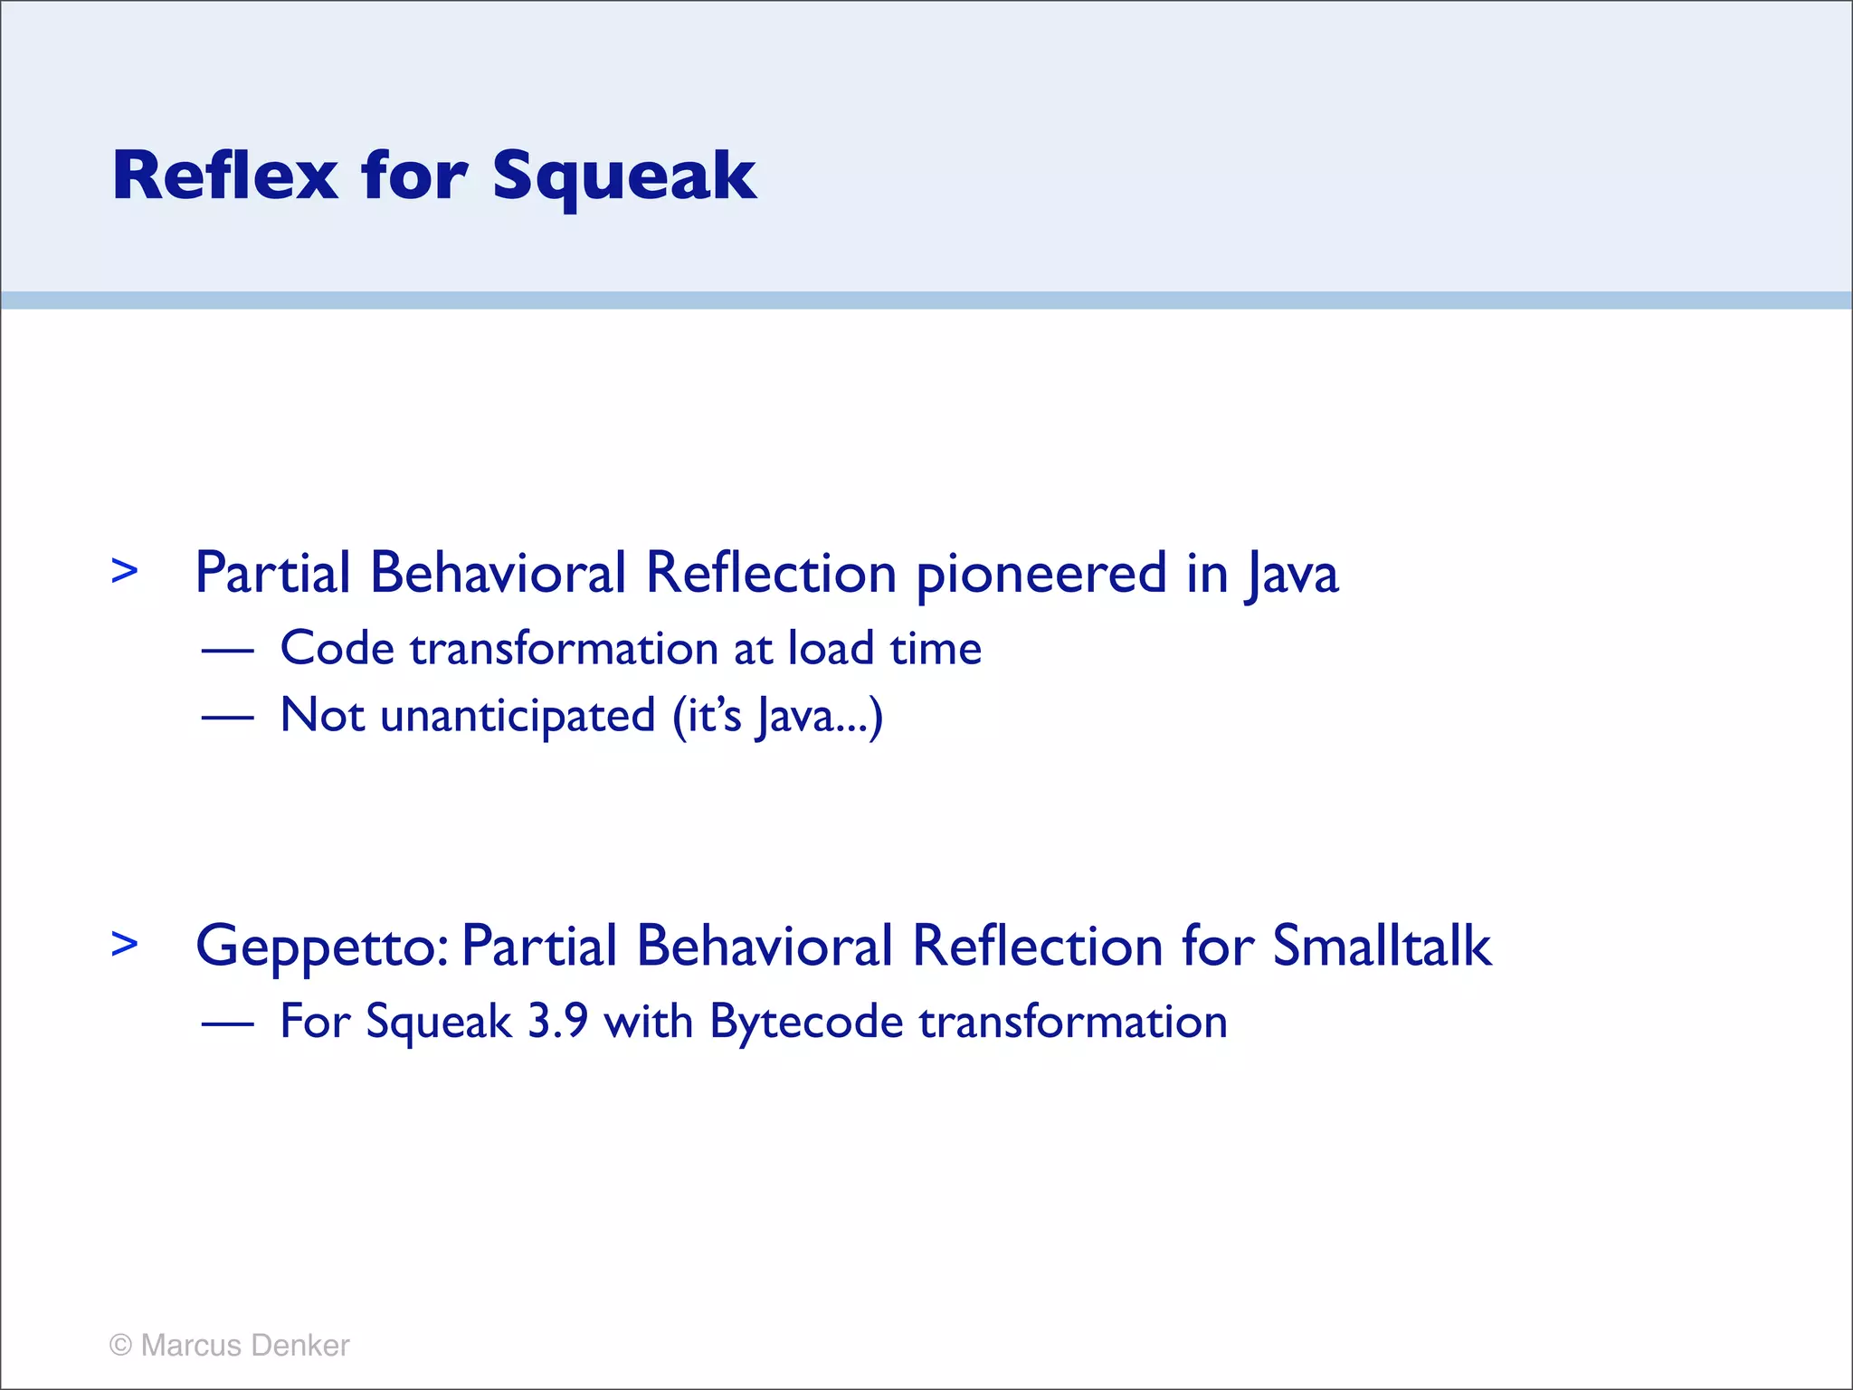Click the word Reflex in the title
[224, 176]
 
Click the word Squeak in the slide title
[623, 177]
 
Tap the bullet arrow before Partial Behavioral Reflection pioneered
[125, 571]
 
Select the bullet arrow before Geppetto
[125, 944]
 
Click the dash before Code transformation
[227, 650]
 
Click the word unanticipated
[518, 717]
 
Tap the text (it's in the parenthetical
[707, 716]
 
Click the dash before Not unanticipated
[227, 717]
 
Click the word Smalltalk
[1382, 946]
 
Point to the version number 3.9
[557, 1022]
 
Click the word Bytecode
[806, 1023]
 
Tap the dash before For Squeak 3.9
[227, 1023]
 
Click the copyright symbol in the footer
[120, 1345]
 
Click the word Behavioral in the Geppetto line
[765, 946]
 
